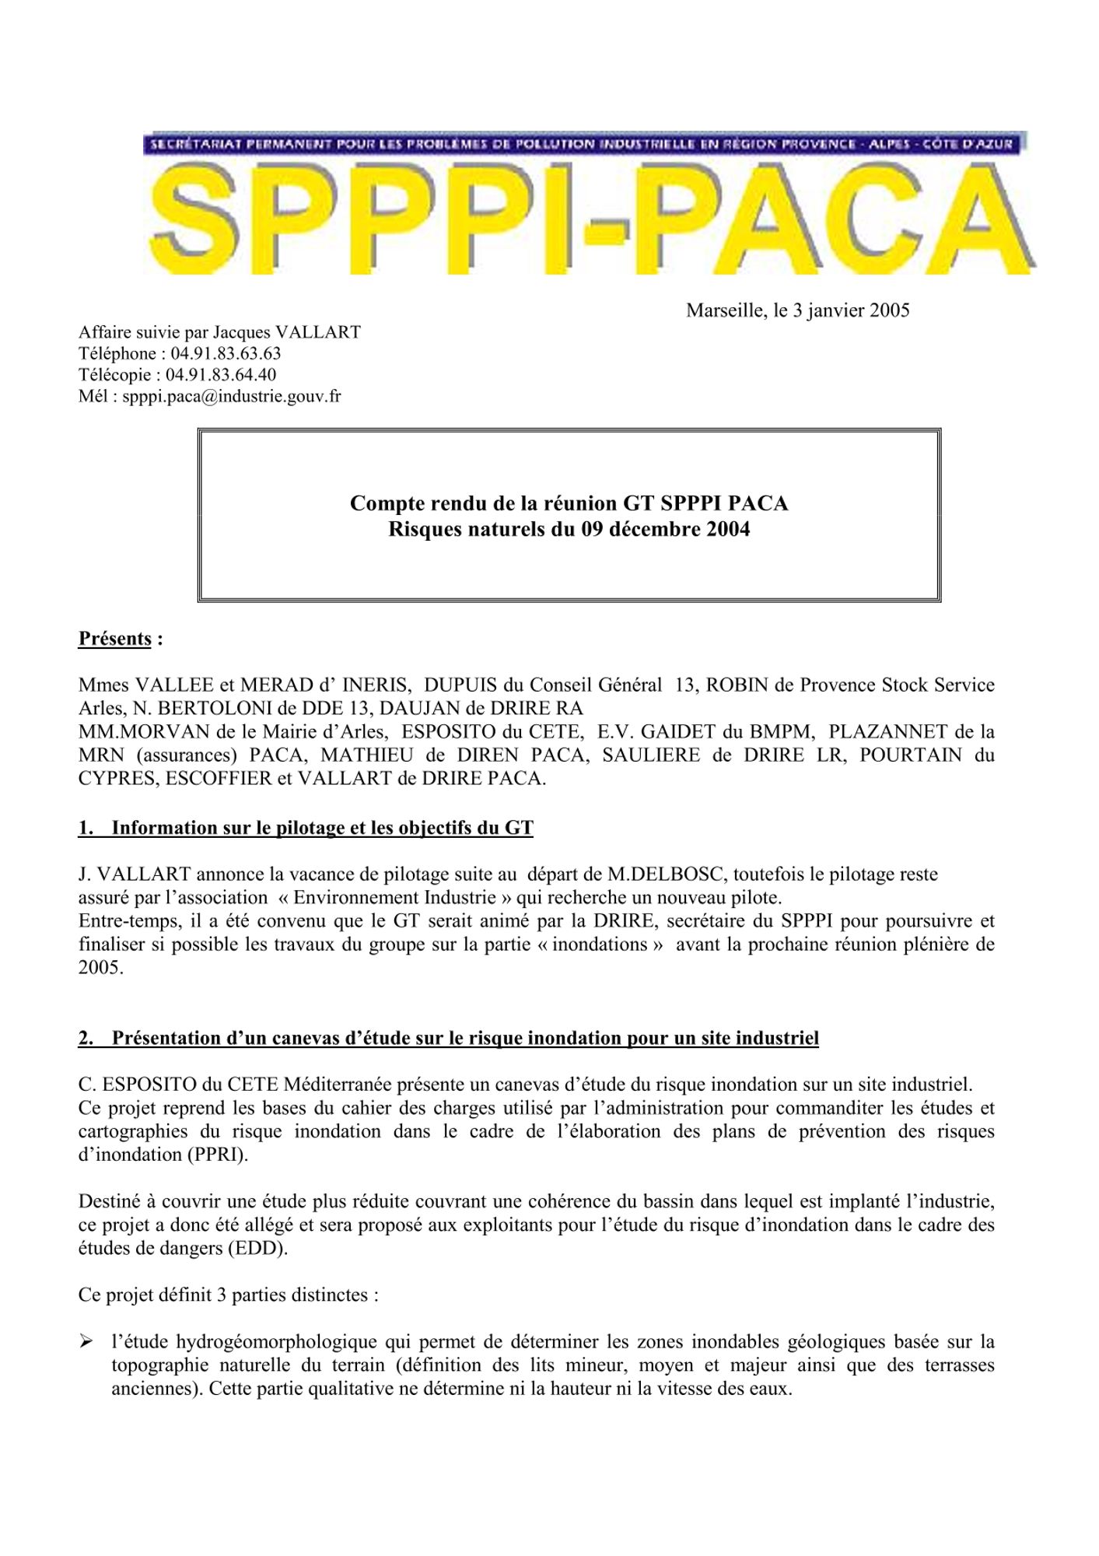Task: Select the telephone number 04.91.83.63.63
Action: (x=220, y=354)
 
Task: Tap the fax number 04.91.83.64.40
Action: (x=221, y=375)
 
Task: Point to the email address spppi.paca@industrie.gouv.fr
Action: (x=232, y=397)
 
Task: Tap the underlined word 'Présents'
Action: (x=114, y=639)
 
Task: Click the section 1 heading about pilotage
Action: (x=306, y=827)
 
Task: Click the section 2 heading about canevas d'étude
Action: (x=448, y=1038)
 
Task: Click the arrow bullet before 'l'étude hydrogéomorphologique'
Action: (x=86, y=1342)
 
